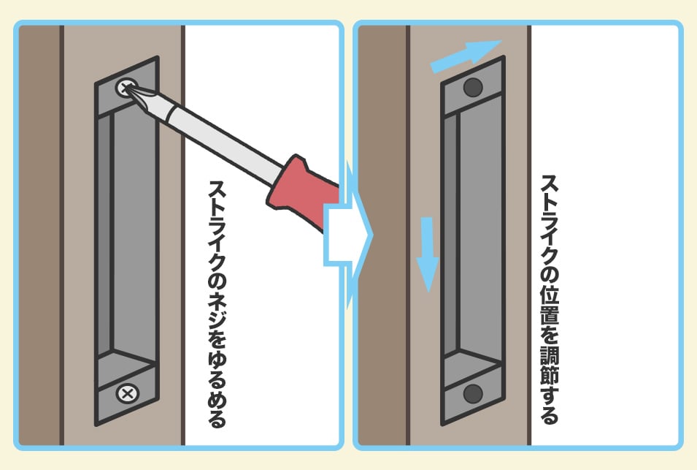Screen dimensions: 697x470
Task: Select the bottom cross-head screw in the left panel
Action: [128, 393]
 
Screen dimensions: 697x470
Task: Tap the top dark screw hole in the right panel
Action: [473, 87]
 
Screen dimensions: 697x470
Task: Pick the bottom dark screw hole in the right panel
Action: [473, 393]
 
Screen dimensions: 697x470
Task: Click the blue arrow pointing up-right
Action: [466, 56]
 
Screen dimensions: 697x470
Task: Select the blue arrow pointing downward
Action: [427, 254]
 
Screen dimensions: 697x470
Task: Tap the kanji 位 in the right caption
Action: [550, 294]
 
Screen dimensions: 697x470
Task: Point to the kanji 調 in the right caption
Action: [550, 355]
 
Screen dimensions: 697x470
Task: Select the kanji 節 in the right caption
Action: [550, 376]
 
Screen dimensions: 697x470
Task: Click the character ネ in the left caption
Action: [217, 302]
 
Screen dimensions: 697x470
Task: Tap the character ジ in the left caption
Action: [217, 322]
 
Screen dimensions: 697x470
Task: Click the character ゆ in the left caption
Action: [217, 360]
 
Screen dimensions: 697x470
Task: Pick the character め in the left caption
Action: [217, 400]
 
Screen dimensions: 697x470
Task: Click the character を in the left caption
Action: [217, 341]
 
